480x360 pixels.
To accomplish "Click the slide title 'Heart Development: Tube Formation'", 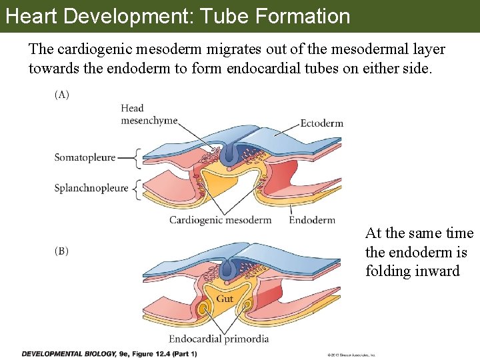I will (177, 16).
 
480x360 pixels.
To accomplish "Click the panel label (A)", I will (61, 95).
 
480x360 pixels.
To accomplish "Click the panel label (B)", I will (61, 251).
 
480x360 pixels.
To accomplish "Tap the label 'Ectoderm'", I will (321, 123).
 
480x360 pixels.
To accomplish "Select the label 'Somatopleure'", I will (85, 158).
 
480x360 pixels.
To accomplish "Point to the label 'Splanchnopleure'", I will (91, 188).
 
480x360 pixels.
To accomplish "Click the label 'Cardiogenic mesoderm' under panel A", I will (220, 220).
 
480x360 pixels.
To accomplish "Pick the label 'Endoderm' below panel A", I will (312, 220).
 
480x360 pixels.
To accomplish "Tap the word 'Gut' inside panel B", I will (225, 299).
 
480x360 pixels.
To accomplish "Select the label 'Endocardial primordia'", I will (219, 339).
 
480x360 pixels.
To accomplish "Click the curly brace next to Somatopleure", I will (138, 159).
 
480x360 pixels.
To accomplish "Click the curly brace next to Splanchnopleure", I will (137, 189).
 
